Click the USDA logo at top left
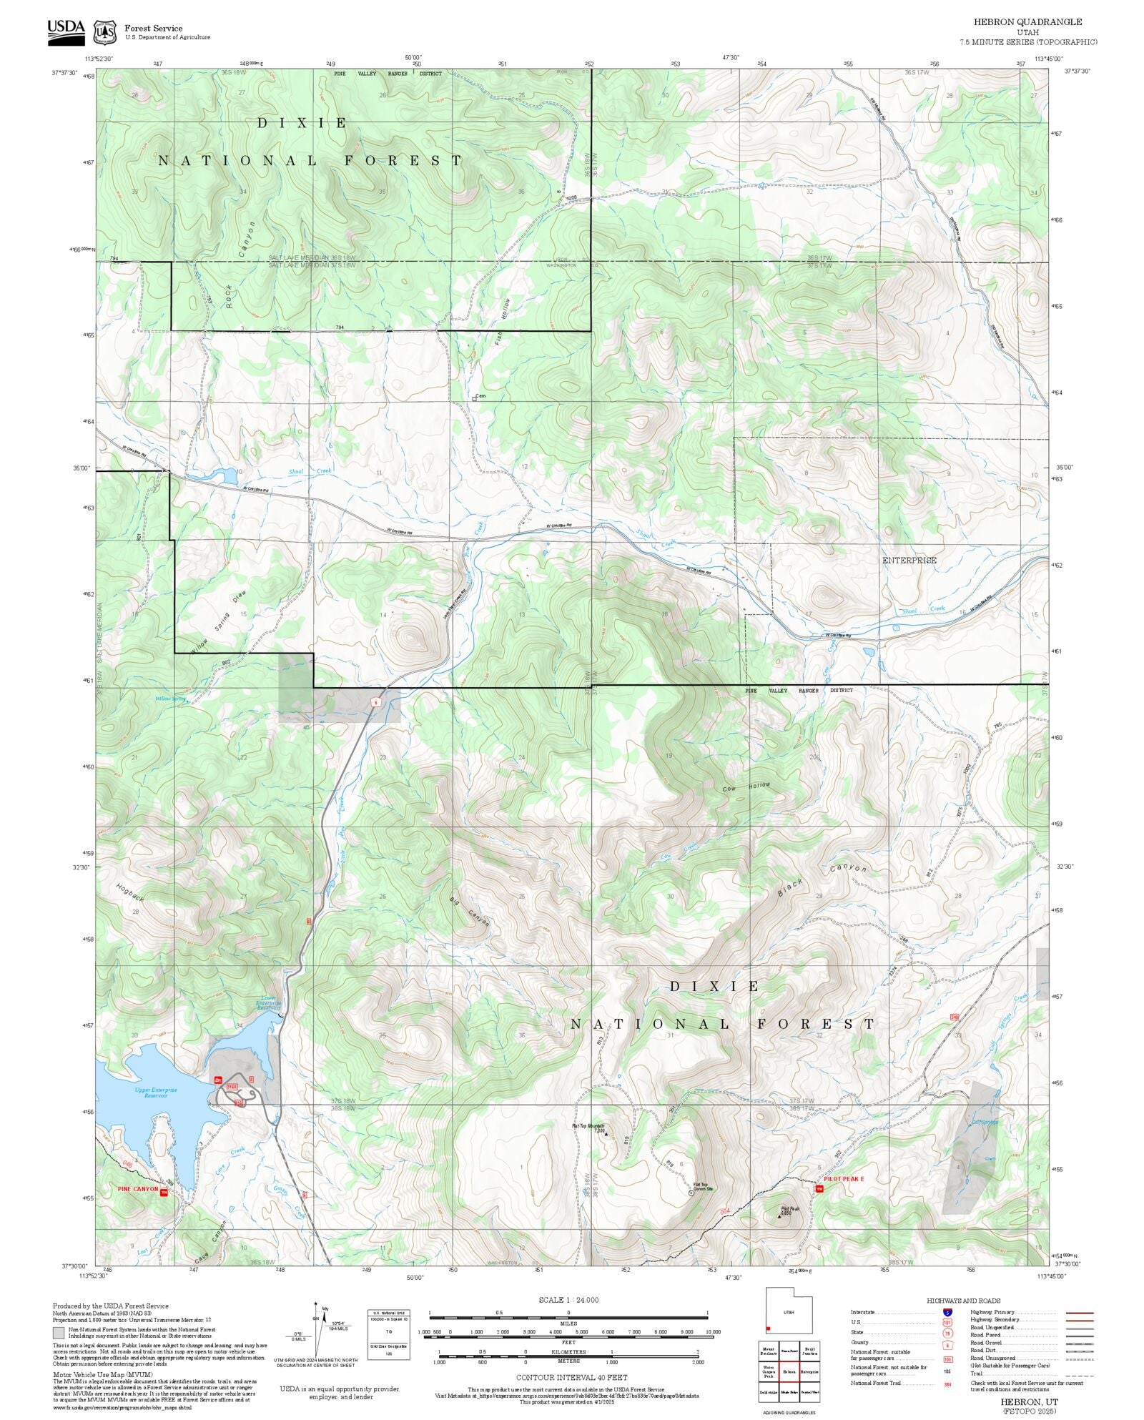(66, 31)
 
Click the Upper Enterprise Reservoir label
(155, 1093)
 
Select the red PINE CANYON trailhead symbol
(164, 1193)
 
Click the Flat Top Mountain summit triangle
(606, 1134)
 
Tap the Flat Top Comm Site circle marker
(691, 1193)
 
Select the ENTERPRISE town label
(909, 561)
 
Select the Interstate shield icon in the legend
(947, 1313)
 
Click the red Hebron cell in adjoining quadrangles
(789, 1371)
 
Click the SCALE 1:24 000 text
(568, 1300)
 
